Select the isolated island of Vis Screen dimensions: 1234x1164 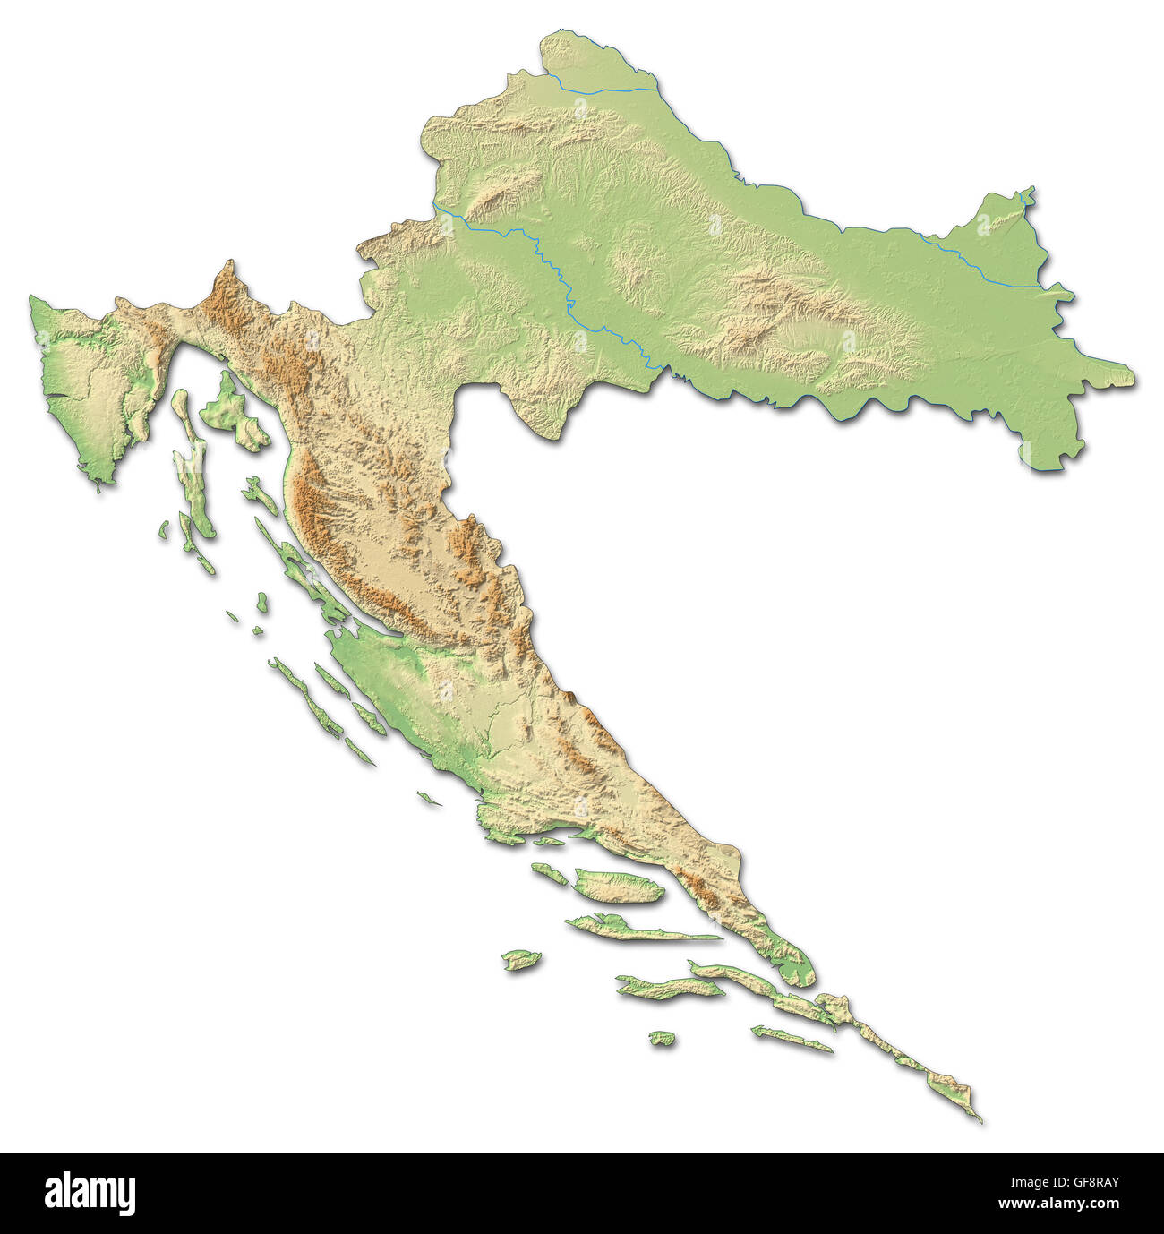pos(522,961)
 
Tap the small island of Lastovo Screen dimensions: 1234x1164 pos(662,1038)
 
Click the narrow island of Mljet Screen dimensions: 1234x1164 pos(792,1039)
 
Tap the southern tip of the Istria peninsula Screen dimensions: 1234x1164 pos(98,479)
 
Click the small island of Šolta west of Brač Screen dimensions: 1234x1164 pos(548,873)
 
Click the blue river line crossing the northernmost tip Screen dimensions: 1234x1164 pos(609,90)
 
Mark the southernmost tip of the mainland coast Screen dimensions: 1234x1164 pos(978,1117)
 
